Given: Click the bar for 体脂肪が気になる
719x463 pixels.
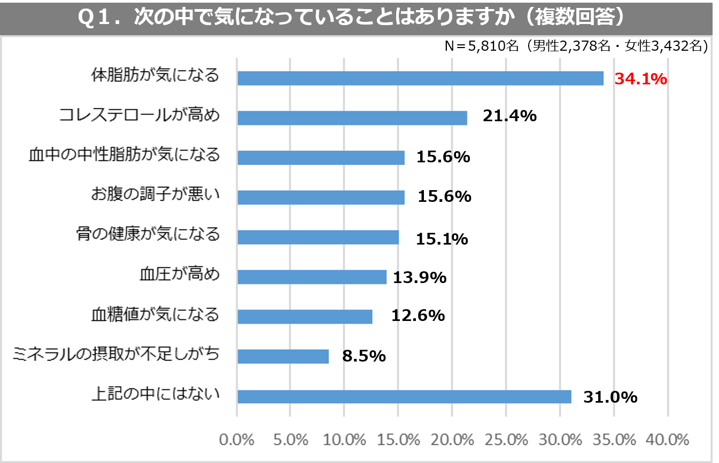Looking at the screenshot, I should [x=420, y=79].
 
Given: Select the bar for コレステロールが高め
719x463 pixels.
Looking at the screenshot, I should [x=352, y=117].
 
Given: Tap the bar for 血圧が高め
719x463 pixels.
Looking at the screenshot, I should [x=312, y=277].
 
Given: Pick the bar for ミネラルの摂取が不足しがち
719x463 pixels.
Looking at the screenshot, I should [x=283, y=356].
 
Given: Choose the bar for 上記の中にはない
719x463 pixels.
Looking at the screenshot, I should [x=404, y=396].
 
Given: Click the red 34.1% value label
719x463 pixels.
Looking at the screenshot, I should [x=641, y=79].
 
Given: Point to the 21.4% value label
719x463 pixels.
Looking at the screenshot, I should [x=509, y=116].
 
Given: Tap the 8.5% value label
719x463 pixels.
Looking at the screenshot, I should [x=364, y=356].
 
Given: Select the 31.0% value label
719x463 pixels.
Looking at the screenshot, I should [x=610, y=397].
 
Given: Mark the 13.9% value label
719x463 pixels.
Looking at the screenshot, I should [x=420, y=277].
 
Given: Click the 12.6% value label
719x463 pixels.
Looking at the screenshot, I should [x=418, y=315].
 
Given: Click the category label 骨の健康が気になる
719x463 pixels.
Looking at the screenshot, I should [x=148, y=234].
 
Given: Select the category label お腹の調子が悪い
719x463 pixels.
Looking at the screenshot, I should [x=156, y=195].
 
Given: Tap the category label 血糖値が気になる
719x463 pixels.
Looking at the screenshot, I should [x=156, y=314].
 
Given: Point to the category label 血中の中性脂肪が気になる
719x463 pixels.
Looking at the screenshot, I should [x=124, y=155].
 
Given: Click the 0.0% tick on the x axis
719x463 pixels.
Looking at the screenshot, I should [x=237, y=440].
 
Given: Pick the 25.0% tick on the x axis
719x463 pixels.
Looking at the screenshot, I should [x=506, y=440].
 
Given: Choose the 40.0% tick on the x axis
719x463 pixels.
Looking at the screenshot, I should [x=667, y=440].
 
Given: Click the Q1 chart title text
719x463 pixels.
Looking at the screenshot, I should [x=352, y=18].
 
